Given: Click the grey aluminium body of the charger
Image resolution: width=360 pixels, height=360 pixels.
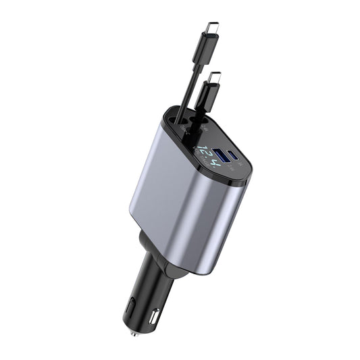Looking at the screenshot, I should (176, 203).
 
